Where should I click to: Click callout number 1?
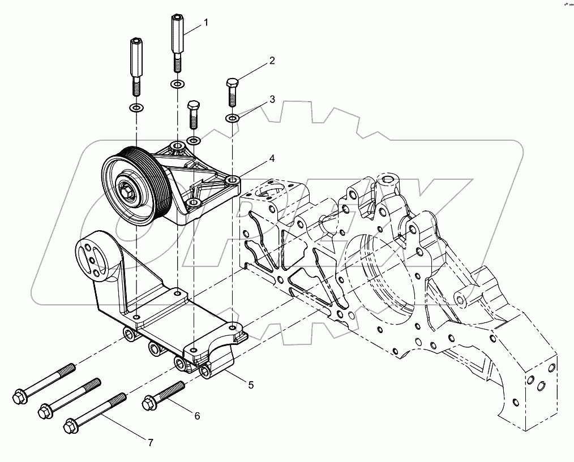coord(207,23)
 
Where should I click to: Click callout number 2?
coord(272,61)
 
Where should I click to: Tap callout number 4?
coord(272,158)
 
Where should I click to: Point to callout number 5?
coord(250,385)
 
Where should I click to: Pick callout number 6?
coord(197,416)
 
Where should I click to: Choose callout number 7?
coord(151,443)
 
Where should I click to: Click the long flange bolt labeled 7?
coord(96,412)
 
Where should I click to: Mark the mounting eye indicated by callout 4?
coord(232,181)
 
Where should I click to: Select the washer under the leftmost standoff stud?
coord(136,107)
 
